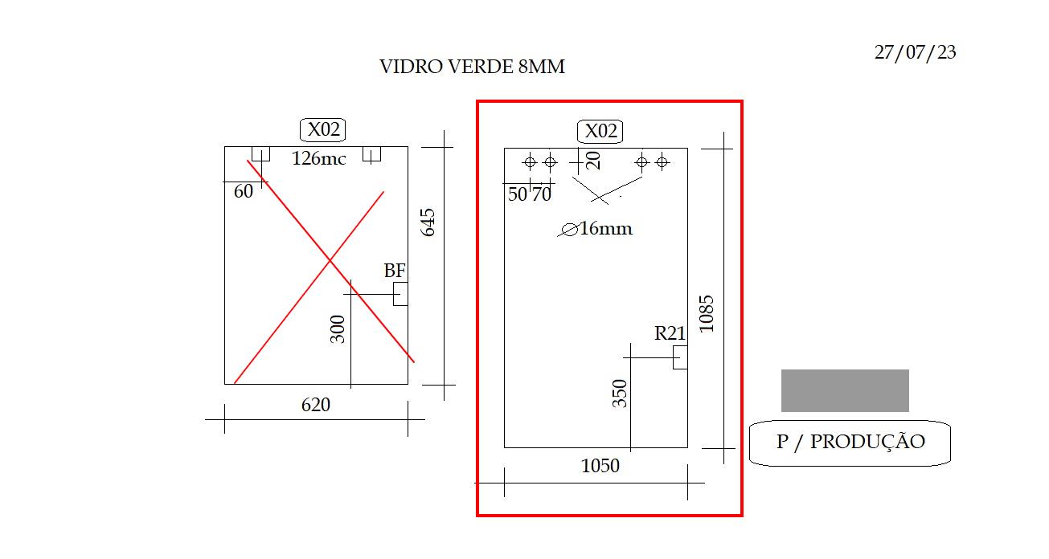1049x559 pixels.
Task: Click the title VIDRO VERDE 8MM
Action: (x=472, y=67)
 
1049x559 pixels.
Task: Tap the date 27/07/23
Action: (x=915, y=52)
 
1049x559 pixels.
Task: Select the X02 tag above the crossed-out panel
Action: (x=322, y=129)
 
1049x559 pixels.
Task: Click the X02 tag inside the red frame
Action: (x=600, y=131)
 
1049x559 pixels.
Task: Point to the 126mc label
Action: (x=319, y=158)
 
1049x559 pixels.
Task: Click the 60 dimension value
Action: (x=244, y=191)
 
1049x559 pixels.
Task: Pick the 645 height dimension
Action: (x=428, y=222)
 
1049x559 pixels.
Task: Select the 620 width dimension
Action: (x=316, y=405)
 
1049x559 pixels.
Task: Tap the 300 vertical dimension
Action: (x=337, y=329)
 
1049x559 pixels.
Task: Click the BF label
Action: (x=395, y=271)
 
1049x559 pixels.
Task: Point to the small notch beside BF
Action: (x=400, y=294)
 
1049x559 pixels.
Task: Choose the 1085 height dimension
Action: (x=707, y=314)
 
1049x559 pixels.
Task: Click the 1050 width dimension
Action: (x=600, y=466)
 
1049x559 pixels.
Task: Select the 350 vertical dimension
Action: (x=620, y=394)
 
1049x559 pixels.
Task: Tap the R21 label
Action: (x=670, y=333)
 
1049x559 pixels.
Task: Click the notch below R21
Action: (x=681, y=357)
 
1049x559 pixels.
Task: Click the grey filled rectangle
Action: (x=845, y=390)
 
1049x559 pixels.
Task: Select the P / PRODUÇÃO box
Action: (x=850, y=443)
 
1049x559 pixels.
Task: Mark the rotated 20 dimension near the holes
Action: (x=593, y=161)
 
